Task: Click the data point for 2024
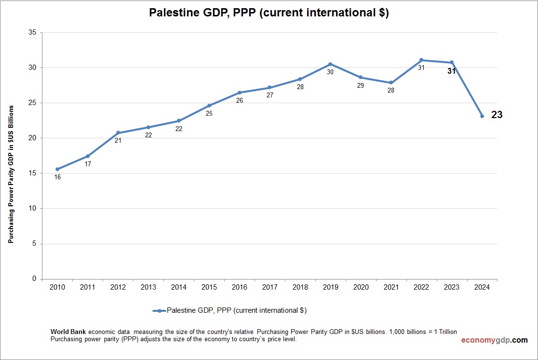pyautogui.click(x=482, y=116)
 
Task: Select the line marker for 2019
pyautogui.click(x=330, y=64)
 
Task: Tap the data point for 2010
pyautogui.click(x=57, y=169)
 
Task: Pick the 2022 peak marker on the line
pyautogui.click(x=421, y=60)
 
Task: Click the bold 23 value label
pyautogui.click(x=497, y=115)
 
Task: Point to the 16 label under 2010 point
pyautogui.click(x=57, y=177)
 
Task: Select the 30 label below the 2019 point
pyautogui.click(x=330, y=72)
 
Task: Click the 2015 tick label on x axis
pyautogui.click(x=209, y=287)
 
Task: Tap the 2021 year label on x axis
pyautogui.click(x=391, y=287)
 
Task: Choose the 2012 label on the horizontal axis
pyautogui.click(x=118, y=287)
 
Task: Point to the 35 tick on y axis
pyautogui.click(x=32, y=33)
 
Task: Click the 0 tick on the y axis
pyautogui.click(x=34, y=279)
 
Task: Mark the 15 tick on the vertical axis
pyautogui.click(x=32, y=173)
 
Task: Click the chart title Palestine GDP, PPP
pyautogui.click(x=269, y=13)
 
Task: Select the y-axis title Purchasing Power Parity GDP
pyautogui.click(x=11, y=173)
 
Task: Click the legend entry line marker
pyautogui.click(x=160, y=311)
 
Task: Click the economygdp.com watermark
pyautogui.click(x=494, y=340)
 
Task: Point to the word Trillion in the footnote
pyautogui.click(x=444, y=332)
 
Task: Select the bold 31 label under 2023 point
pyautogui.click(x=451, y=71)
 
